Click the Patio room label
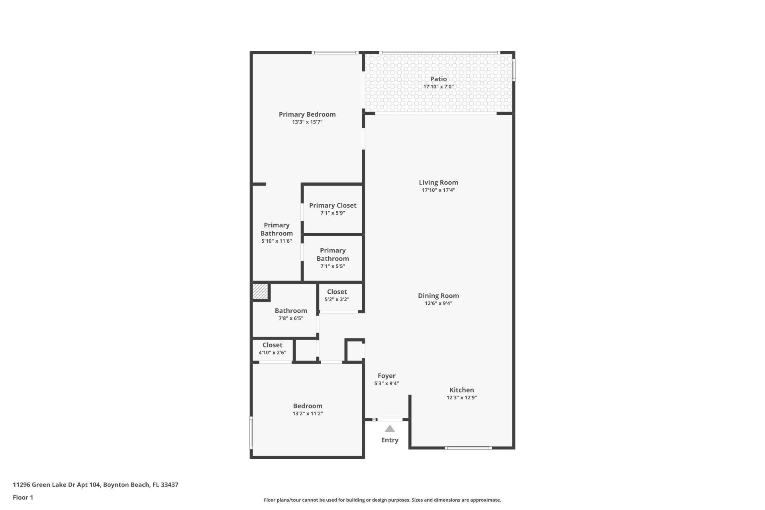[x=438, y=79]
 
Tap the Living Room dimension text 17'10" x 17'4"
[x=438, y=190]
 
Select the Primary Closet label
[x=333, y=206]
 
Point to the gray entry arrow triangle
[x=390, y=429]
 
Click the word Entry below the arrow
[x=390, y=440]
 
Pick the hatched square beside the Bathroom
[x=260, y=291]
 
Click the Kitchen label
[x=461, y=390]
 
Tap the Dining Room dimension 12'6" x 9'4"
[x=438, y=303]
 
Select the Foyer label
[x=386, y=376]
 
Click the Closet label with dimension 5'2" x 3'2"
[x=337, y=292]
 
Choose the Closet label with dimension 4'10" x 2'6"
[x=272, y=345]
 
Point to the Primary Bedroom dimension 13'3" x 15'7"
[x=307, y=122]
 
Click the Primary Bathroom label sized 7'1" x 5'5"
[x=333, y=255]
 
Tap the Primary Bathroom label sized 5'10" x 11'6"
[x=277, y=229]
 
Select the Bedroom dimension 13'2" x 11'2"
[x=307, y=414]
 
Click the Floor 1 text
[x=23, y=497]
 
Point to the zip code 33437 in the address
[x=169, y=485]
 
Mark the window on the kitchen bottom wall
[x=468, y=448]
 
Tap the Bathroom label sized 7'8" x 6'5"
[x=291, y=311]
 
